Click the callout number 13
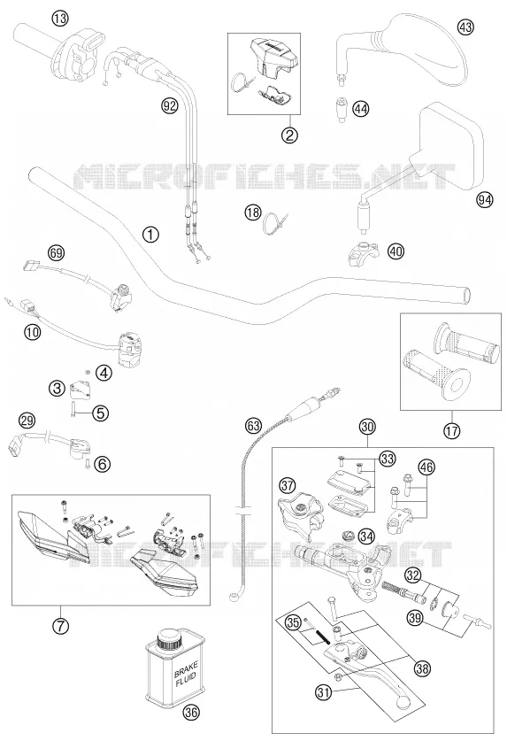point(60,19)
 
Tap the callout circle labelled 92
point(169,105)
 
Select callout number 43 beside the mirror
point(465,27)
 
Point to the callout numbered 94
point(484,200)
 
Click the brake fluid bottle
point(175,665)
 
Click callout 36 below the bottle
point(190,712)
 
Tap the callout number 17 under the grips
point(452,430)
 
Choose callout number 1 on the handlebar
point(150,234)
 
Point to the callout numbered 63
point(253,425)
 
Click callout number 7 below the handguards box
point(60,626)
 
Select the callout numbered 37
point(287,485)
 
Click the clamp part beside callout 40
point(364,253)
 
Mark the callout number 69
point(57,252)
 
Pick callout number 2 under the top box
point(289,135)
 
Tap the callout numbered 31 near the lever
point(323,693)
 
